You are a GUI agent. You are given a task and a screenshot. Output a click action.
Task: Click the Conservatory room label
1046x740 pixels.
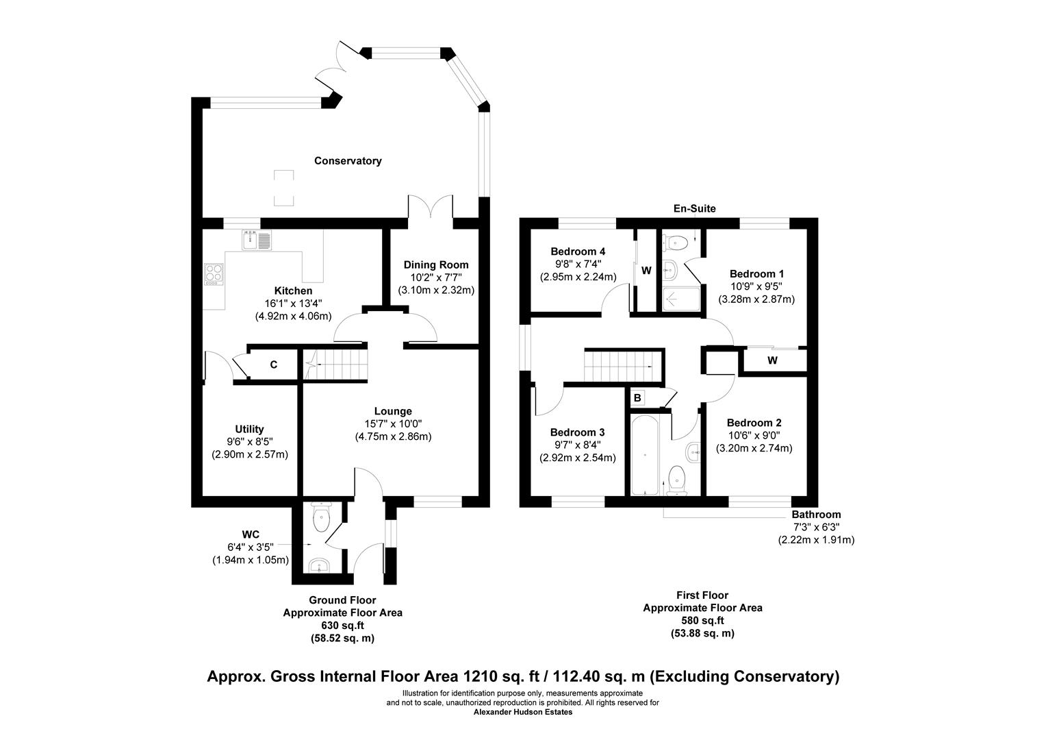pos(348,161)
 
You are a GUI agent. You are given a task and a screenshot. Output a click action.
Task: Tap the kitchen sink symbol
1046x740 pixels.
pos(257,241)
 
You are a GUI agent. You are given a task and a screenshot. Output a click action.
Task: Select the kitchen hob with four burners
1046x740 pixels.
pos(214,274)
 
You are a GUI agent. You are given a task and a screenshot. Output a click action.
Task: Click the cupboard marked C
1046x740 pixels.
pos(273,365)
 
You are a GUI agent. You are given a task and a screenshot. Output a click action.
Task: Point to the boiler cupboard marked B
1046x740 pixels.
pos(637,397)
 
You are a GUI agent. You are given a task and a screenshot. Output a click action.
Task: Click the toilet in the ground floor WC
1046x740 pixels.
pos(321,519)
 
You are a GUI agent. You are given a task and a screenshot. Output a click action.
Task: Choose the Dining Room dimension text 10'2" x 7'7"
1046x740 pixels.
pos(436,277)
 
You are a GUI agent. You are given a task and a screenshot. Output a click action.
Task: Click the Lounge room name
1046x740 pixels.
pos(393,411)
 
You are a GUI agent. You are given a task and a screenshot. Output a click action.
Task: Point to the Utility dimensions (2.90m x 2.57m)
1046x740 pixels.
pos(250,454)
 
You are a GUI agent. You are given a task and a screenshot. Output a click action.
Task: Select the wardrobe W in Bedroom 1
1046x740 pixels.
pos(772,360)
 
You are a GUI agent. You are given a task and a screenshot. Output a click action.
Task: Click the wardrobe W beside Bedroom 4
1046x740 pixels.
pos(646,271)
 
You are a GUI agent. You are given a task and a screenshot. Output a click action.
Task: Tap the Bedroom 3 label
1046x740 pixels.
pos(577,432)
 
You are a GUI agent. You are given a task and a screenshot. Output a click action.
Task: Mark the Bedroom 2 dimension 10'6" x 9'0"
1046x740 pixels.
pos(754,436)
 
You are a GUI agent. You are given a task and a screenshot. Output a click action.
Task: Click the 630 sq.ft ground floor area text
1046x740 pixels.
pos(342,626)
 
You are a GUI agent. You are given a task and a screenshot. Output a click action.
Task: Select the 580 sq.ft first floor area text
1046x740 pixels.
pos(702,621)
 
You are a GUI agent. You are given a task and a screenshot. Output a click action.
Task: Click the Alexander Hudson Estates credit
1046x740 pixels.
pos(523,712)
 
